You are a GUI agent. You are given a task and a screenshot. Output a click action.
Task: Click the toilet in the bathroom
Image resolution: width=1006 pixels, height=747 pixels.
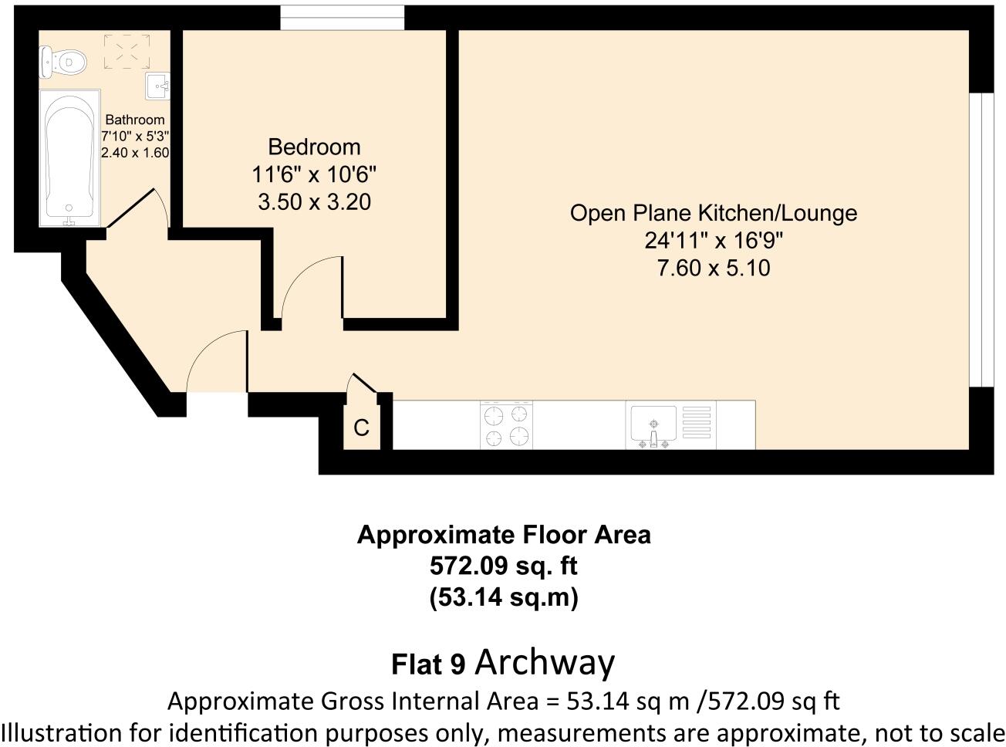point(62,62)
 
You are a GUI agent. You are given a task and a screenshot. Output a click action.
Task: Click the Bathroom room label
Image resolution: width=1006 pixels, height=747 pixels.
point(135,120)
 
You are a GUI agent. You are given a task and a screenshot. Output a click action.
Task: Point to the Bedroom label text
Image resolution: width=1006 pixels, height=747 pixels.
point(314,147)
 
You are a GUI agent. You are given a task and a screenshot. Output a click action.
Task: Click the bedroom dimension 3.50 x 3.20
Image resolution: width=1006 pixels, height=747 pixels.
point(314,202)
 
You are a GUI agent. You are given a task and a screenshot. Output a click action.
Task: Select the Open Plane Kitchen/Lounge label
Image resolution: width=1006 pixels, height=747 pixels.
point(713,213)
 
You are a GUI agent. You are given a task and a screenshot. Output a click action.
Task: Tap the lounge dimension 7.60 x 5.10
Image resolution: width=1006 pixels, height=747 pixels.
point(713,269)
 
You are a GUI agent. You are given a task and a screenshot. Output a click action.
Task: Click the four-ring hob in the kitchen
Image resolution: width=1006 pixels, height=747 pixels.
point(506,424)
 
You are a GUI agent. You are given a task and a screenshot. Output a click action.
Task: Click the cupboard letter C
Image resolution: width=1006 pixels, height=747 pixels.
point(361,428)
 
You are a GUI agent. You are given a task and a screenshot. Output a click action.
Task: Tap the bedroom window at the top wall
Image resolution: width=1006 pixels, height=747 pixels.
point(342,17)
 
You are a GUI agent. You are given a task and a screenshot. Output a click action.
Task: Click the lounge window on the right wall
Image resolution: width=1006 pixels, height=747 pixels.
point(981,239)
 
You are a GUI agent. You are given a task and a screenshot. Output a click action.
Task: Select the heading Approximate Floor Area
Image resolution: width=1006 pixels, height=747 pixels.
point(503,535)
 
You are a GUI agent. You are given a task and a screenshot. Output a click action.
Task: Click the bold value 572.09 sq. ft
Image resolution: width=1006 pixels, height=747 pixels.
point(503,566)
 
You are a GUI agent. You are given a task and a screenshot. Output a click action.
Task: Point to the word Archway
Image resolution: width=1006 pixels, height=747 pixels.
point(545,662)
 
